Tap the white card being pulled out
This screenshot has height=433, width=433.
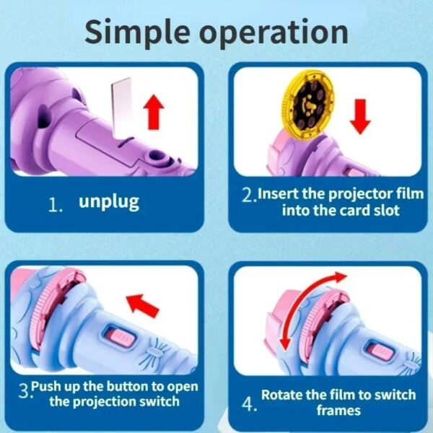[121, 108]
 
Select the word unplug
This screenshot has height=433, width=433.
[108, 201]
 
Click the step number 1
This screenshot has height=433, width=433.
[55, 204]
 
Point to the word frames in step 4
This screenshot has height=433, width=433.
[338, 410]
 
